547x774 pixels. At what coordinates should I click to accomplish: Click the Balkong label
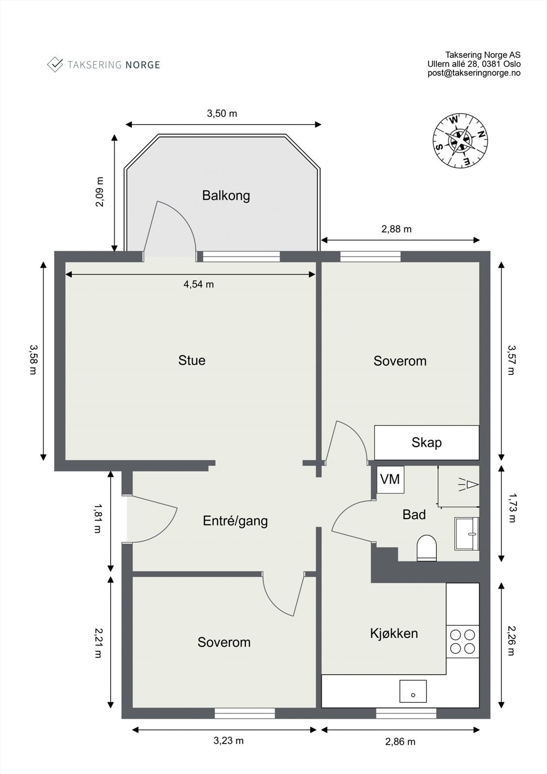tap(226, 196)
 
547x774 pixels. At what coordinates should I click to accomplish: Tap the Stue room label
tap(192, 360)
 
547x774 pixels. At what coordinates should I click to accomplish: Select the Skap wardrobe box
tap(427, 442)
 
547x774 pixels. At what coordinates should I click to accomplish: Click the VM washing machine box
tap(390, 479)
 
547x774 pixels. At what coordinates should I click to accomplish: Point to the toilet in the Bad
tap(426, 548)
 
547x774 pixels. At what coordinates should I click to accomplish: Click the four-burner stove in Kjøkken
tap(462, 641)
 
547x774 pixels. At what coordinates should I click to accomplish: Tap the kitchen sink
tap(413, 691)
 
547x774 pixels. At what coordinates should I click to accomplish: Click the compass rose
tap(459, 141)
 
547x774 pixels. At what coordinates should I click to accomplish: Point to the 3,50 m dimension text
tap(222, 114)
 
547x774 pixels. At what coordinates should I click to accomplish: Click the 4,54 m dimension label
tap(198, 284)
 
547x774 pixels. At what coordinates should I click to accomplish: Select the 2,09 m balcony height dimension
tap(100, 192)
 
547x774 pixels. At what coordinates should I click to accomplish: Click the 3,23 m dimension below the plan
tap(228, 740)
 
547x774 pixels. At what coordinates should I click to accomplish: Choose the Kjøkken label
tap(394, 633)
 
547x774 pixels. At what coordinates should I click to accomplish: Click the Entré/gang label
tap(235, 521)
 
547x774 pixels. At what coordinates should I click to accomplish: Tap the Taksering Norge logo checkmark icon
tap(55, 64)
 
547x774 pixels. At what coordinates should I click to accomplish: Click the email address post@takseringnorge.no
tap(473, 73)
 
